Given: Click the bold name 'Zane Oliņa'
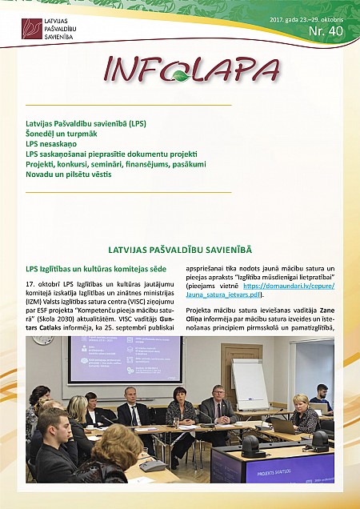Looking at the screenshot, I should [318, 309].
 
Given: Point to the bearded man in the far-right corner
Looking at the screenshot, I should [321, 395].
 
